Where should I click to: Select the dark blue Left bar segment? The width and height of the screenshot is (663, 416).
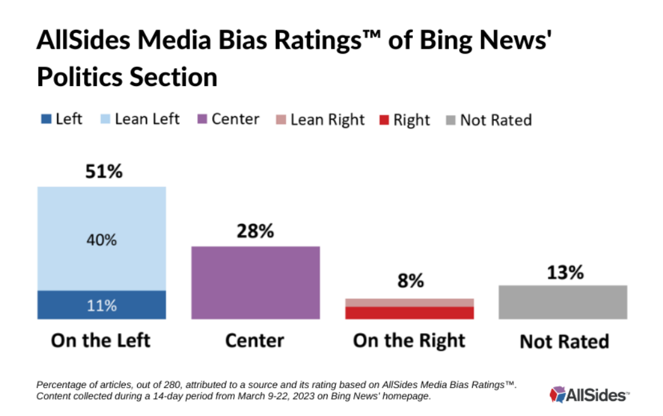click(x=102, y=305)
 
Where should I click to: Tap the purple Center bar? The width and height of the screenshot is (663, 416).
click(x=255, y=283)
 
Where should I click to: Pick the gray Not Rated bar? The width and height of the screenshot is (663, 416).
click(x=563, y=302)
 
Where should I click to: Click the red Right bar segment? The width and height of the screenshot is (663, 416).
click(x=409, y=313)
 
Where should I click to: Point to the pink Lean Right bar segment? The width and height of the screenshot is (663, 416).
click(x=409, y=302)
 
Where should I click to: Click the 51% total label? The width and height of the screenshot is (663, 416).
click(x=104, y=171)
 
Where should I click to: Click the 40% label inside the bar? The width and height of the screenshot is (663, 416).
click(x=102, y=240)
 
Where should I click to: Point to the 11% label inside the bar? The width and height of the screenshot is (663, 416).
click(x=102, y=305)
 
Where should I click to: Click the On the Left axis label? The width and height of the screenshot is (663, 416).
click(x=101, y=341)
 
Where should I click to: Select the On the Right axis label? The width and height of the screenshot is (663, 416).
click(x=409, y=341)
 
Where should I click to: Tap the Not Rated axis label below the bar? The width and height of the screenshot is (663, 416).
click(x=564, y=342)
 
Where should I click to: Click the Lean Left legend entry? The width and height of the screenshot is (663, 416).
click(x=140, y=119)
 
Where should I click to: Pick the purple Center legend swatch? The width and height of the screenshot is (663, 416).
click(x=204, y=119)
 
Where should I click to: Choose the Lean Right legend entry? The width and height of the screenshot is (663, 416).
click(x=321, y=119)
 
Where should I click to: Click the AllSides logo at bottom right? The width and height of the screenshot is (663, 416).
click(x=589, y=395)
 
